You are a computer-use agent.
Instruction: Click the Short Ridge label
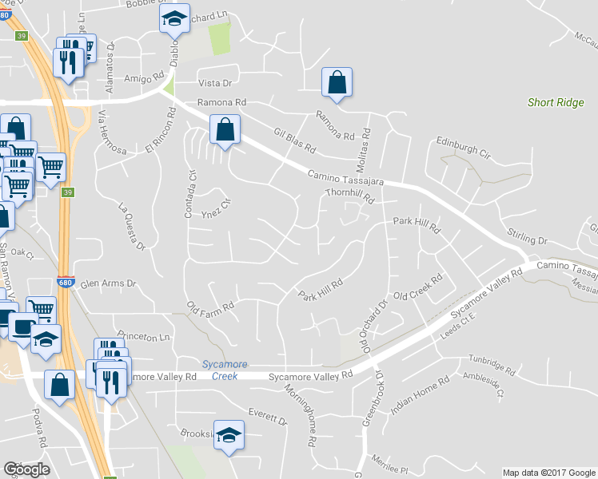555,102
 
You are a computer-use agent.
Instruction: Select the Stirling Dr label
527,235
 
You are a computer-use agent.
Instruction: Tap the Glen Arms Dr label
110,283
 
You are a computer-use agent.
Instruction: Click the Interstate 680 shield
66,283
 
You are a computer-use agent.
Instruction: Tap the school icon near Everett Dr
229,435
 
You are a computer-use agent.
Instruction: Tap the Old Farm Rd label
210,307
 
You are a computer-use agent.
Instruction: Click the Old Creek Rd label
418,290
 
